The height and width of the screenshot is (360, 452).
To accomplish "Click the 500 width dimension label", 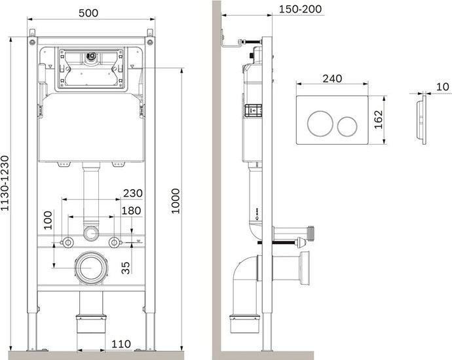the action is point(88,13).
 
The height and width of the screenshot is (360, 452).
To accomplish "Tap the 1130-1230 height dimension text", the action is point(5,183).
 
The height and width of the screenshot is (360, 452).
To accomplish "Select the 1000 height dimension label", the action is point(176,201).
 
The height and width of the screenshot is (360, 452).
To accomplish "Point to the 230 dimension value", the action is point(132,193).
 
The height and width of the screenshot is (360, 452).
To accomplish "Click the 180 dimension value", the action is point(131,211).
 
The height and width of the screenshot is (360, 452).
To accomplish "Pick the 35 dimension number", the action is point(126,268).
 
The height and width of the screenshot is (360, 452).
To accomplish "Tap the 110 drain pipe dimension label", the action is point(121,344).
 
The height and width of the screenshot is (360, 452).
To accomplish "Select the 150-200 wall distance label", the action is point(301,9).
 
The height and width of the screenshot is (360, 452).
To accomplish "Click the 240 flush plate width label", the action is point(332,79).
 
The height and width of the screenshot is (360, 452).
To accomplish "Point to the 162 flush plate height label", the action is point(378,120).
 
